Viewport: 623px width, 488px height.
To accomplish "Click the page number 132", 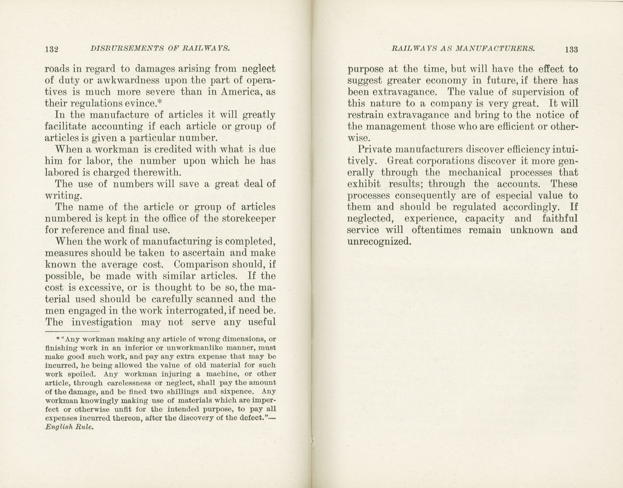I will click(52, 49).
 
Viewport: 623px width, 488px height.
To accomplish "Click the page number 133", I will click(571, 49).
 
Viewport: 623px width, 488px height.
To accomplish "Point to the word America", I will click(243, 92).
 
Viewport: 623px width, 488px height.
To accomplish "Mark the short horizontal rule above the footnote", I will click(72, 331).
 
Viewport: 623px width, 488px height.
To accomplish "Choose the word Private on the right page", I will click(374, 149).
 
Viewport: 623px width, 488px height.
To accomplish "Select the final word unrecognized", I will click(380, 242).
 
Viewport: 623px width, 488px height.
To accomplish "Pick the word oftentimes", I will click(437, 230).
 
